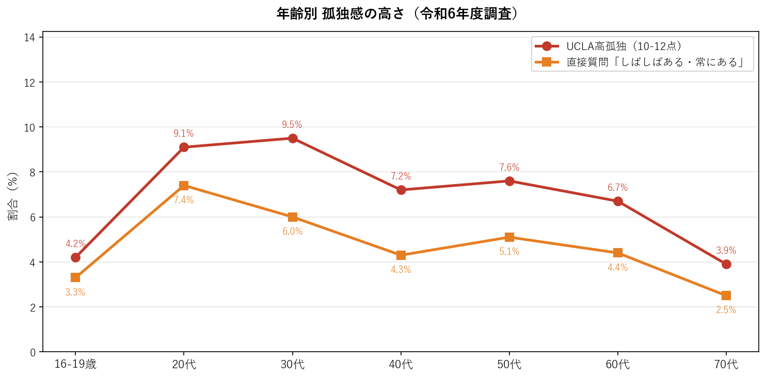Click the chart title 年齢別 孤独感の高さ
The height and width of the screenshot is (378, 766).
(397, 14)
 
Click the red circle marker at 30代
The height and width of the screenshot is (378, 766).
(293, 138)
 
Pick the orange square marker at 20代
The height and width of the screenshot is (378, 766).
(184, 186)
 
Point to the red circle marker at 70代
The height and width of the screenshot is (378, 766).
(726, 264)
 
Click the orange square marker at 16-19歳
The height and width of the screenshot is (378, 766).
(75, 277)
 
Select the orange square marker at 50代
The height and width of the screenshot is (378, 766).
(509, 237)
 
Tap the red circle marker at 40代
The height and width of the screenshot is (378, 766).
(401, 190)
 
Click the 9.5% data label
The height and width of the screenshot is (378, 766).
(292, 125)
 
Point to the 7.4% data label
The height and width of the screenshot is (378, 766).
(184, 200)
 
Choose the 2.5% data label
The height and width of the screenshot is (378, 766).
(726, 310)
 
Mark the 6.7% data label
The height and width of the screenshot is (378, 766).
(617, 188)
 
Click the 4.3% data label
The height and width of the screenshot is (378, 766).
(401, 270)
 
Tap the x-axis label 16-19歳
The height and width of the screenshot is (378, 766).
(75, 365)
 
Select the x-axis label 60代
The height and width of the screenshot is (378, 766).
(618, 365)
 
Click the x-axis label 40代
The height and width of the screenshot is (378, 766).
(401, 365)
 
